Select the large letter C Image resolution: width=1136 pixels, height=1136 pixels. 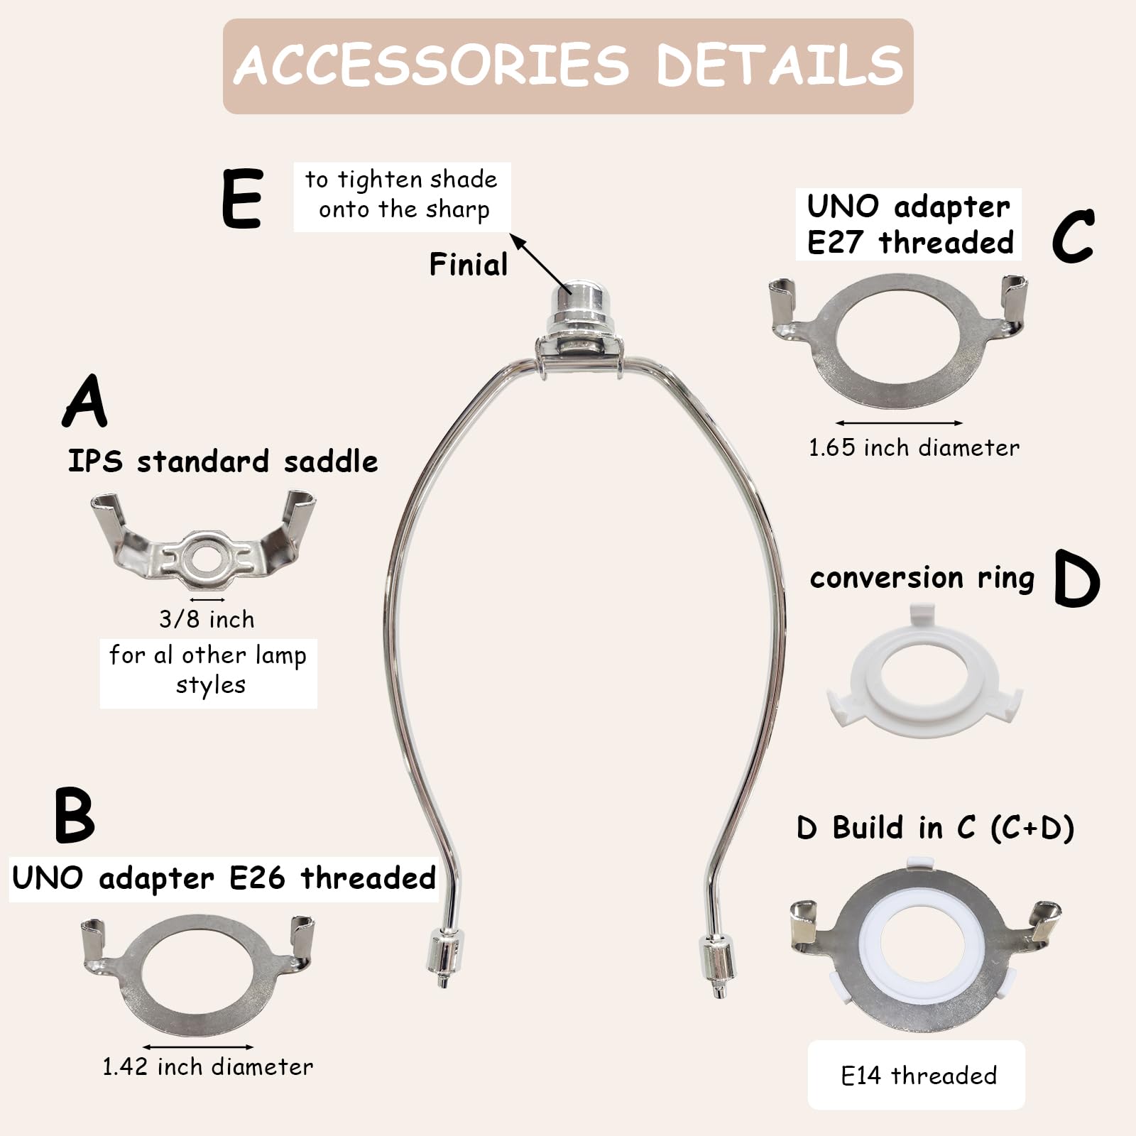point(1073,236)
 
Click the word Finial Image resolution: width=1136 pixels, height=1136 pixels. point(469,265)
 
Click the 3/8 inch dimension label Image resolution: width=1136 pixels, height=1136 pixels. point(207,619)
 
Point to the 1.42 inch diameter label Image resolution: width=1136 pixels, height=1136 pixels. point(207,1066)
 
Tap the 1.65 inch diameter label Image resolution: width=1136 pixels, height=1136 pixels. point(914,447)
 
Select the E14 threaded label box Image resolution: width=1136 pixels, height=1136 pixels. point(916,1075)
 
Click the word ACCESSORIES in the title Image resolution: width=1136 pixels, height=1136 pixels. point(431,65)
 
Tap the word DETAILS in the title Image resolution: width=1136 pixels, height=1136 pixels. point(779,65)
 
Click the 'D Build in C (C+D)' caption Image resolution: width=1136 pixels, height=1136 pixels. point(935,828)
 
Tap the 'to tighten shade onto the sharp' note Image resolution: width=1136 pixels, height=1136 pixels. point(402,195)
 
